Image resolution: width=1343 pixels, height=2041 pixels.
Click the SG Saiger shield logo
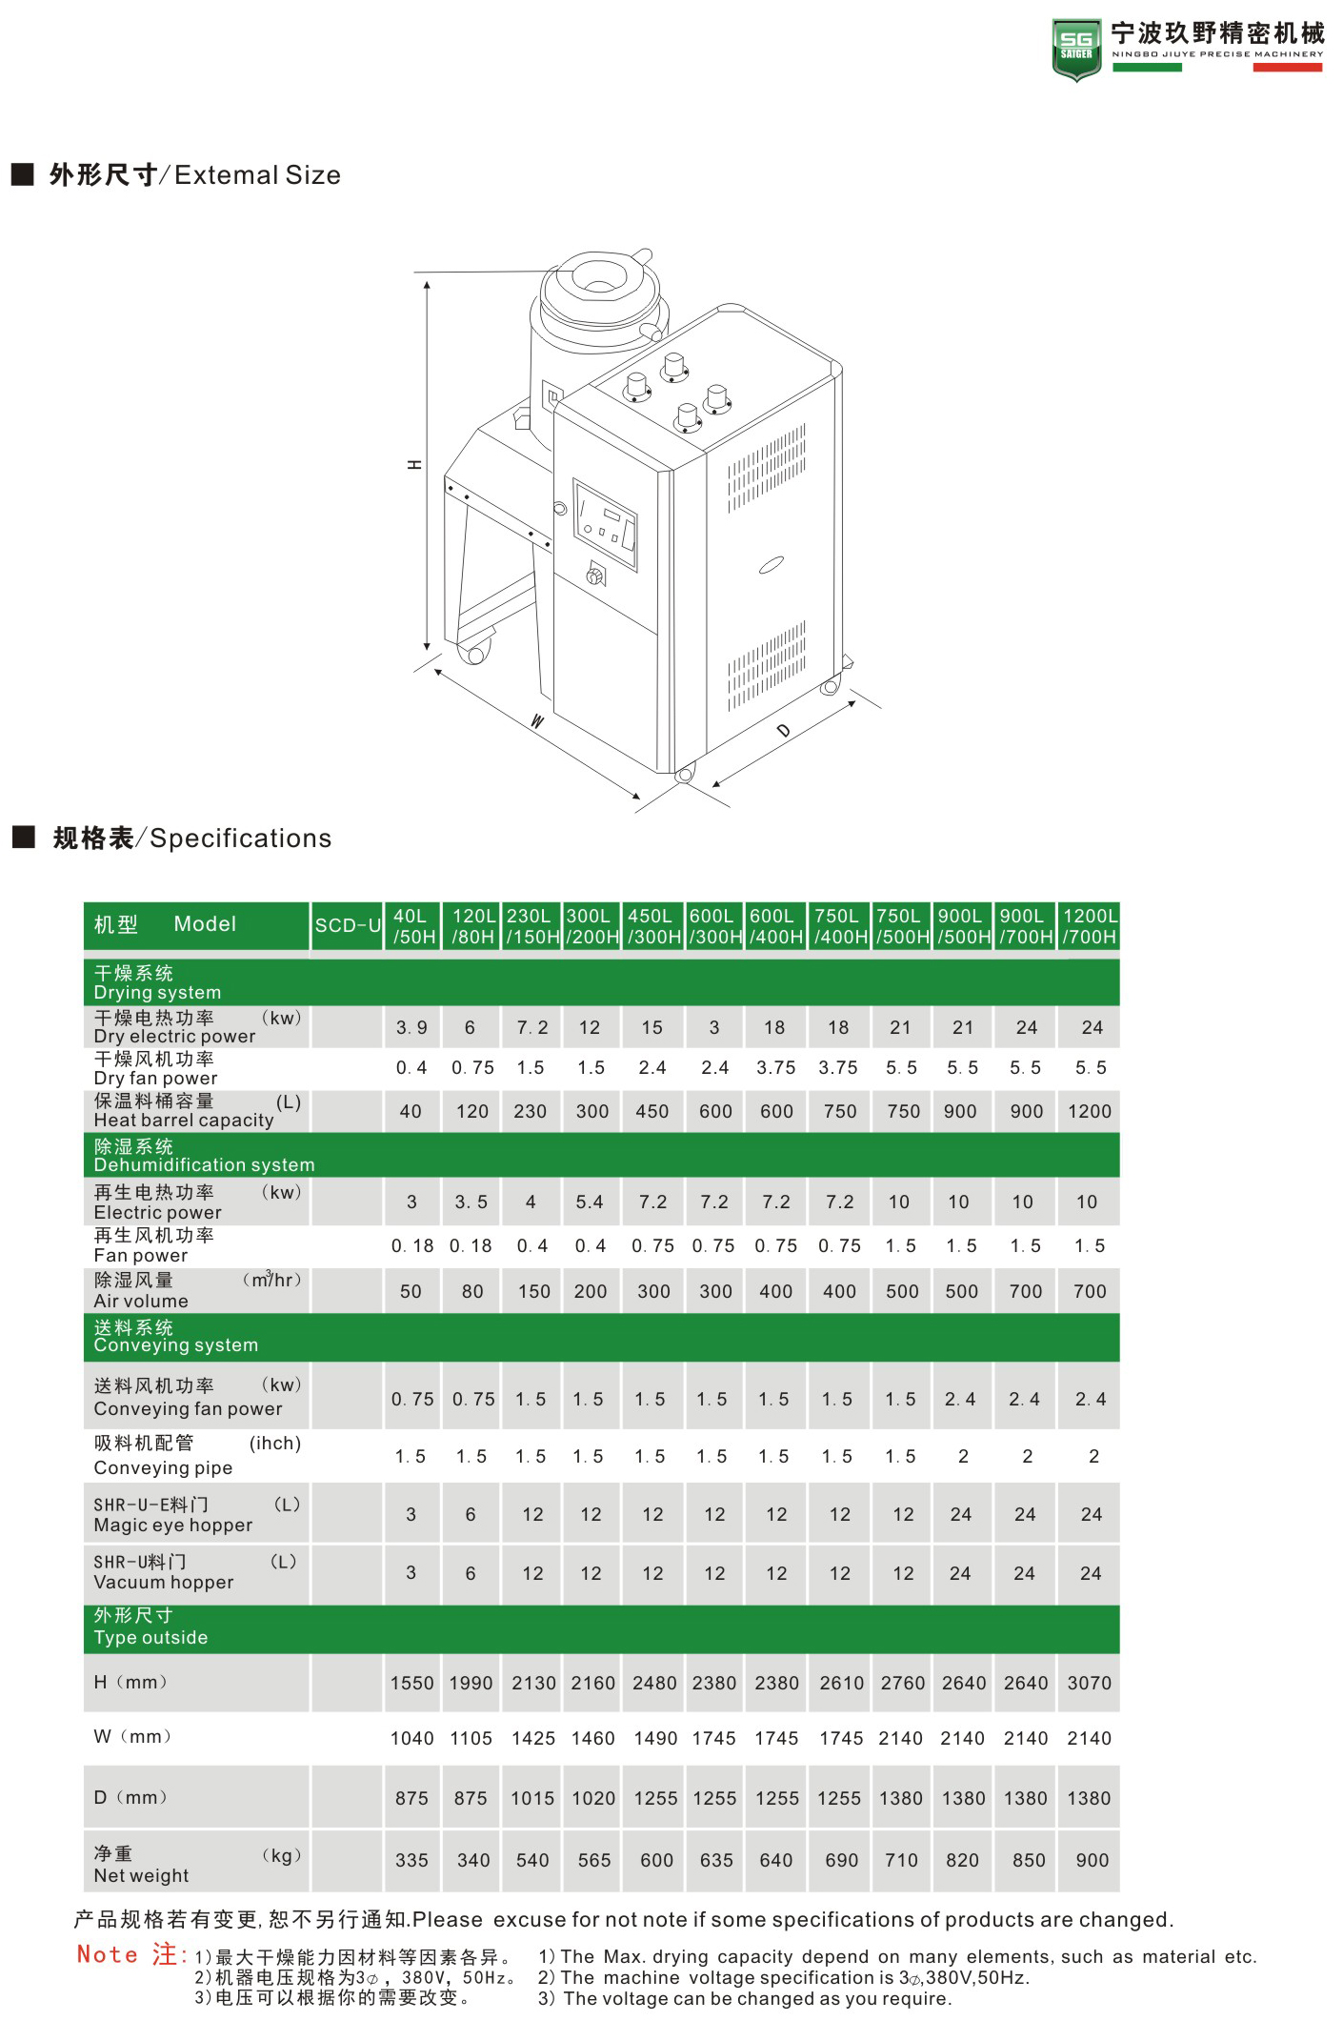pyautogui.click(x=1076, y=50)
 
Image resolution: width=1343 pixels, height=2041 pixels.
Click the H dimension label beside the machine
pyautogui.click(x=414, y=465)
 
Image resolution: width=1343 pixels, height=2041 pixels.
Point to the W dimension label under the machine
pyautogui.click(x=537, y=721)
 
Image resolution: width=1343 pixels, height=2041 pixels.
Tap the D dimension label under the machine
pyautogui.click(x=783, y=731)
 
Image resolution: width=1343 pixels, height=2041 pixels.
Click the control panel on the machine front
pyautogui.click(x=604, y=525)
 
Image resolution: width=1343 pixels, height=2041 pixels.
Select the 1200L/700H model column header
pyautogui.click(x=1090, y=926)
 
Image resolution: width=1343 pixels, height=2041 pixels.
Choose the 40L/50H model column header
pyautogui.click(x=413, y=926)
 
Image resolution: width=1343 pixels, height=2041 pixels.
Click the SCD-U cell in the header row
pyautogui.click(x=348, y=925)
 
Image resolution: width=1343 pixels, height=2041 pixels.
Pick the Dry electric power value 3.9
pyautogui.click(x=411, y=1028)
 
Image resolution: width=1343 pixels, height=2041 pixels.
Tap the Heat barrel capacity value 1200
pyautogui.click(x=1090, y=1111)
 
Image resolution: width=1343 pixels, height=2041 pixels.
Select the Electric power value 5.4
pyautogui.click(x=590, y=1202)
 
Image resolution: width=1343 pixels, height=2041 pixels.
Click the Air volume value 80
pyautogui.click(x=472, y=1291)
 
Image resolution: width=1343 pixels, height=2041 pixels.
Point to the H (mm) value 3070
pyautogui.click(x=1090, y=1683)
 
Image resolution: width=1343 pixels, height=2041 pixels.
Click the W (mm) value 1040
pyautogui.click(x=411, y=1738)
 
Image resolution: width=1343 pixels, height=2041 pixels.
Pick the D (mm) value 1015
pyautogui.click(x=532, y=1798)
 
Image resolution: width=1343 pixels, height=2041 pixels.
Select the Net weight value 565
pyautogui.click(x=594, y=1860)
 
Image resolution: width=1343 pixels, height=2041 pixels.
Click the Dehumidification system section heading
pyautogui.click(x=204, y=1155)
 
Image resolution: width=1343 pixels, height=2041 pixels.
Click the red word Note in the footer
pyautogui.click(x=108, y=1955)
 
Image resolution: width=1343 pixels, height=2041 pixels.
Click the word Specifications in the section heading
pyautogui.click(x=241, y=839)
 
